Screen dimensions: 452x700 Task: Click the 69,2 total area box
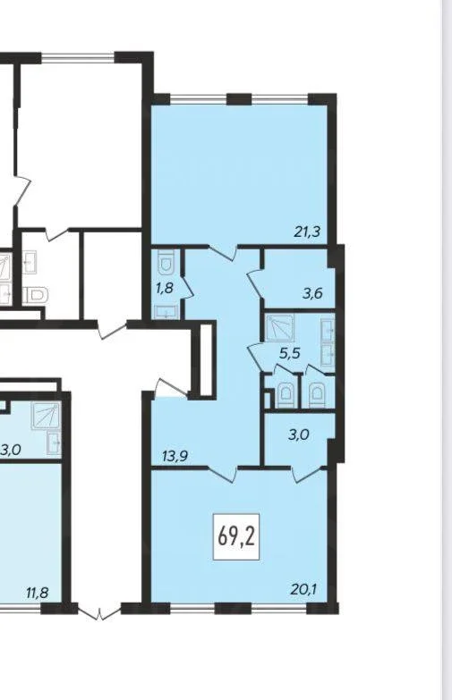[x=236, y=536]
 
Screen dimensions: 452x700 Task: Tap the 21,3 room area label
[x=308, y=232]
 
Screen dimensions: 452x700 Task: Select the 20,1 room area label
[x=303, y=589]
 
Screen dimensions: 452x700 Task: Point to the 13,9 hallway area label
[x=175, y=456]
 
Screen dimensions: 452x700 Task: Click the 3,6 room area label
[x=312, y=294]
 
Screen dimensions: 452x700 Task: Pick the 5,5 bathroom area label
[x=290, y=353]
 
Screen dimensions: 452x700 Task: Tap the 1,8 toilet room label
[x=164, y=288]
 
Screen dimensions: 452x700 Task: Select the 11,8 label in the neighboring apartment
[x=37, y=594]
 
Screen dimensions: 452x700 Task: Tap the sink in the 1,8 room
[x=166, y=312]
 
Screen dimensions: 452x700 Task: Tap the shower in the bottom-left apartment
[x=46, y=416]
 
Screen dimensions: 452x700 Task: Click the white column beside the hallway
[x=206, y=359]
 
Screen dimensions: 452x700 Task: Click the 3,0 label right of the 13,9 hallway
[x=299, y=434]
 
